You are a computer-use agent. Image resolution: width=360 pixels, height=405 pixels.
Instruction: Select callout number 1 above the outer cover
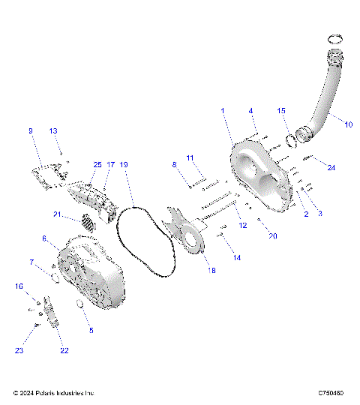pos(222,111)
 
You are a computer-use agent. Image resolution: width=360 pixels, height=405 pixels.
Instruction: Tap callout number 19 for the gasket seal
pos(124,164)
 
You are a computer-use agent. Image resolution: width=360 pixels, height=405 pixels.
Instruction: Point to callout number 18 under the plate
pos(211,270)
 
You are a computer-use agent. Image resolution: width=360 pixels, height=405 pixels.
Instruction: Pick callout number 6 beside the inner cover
pos(45,238)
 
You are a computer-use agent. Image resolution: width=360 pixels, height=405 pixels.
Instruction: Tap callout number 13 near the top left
pos(53,131)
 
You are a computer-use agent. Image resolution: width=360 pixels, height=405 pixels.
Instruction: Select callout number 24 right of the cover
pos(331,167)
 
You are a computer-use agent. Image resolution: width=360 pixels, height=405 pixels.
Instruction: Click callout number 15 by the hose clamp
pos(282,111)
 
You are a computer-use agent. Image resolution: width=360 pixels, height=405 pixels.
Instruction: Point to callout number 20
pos(273,236)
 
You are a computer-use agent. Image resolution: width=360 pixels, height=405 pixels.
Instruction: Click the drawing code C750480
pos(331,393)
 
